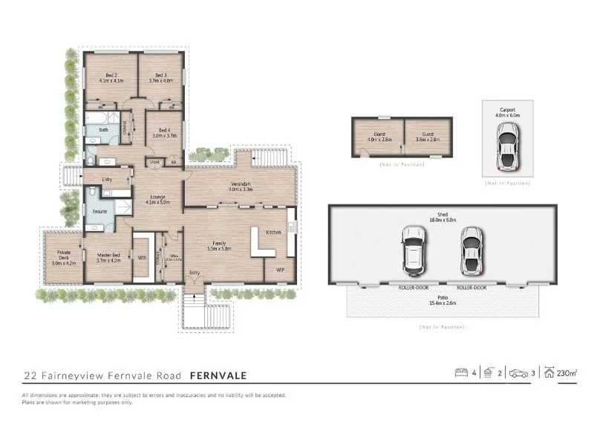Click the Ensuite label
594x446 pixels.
[99, 211]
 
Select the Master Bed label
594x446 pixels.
[108, 257]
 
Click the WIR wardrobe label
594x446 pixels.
[142, 258]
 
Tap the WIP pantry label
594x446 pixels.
[280, 269]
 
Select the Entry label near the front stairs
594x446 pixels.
[195, 274]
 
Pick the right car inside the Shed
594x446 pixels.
[470, 248]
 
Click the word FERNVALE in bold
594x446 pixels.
[220, 375]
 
